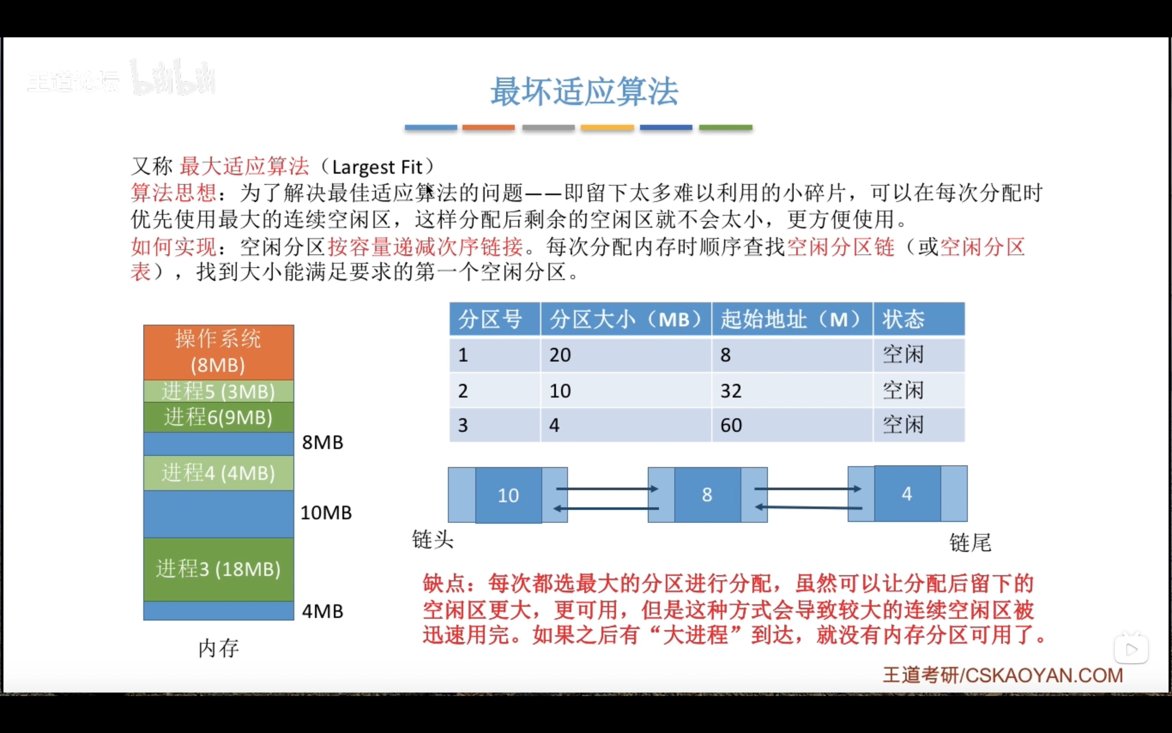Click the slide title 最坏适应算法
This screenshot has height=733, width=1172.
click(x=584, y=92)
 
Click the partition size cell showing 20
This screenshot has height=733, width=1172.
click(x=560, y=355)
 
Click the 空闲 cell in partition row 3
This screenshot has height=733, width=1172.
click(x=903, y=425)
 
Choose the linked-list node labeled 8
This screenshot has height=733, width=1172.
click(x=707, y=495)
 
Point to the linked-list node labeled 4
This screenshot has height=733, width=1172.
click(x=907, y=494)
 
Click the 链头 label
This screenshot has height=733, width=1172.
click(x=432, y=539)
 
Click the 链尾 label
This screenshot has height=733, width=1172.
click(x=970, y=543)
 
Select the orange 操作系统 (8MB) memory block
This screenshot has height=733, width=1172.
click(x=218, y=352)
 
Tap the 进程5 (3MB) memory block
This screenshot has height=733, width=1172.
click(x=218, y=391)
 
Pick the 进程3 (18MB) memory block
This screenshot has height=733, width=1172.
click(x=218, y=569)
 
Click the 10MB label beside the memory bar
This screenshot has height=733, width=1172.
click(x=326, y=513)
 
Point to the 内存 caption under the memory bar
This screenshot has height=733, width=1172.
click(x=219, y=648)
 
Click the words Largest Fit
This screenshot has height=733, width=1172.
click(x=377, y=167)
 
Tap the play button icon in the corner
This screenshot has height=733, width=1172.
click(x=1131, y=650)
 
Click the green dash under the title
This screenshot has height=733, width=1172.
click(x=725, y=127)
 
